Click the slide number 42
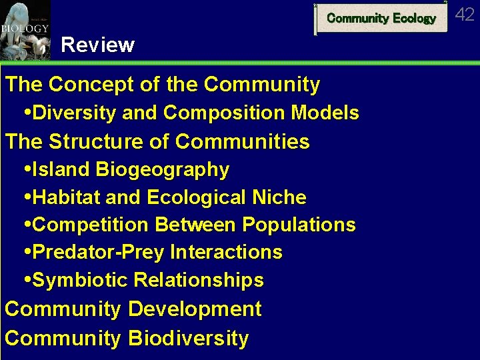(465, 15)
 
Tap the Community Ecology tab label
(381, 19)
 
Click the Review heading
(97, 45)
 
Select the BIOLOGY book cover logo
(25, 30)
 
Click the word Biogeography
(163, 170)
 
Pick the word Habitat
(65, 198)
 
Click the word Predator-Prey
(99, 253)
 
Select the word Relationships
(199, 281)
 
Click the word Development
(195, 310)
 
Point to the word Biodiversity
(189, 338)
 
